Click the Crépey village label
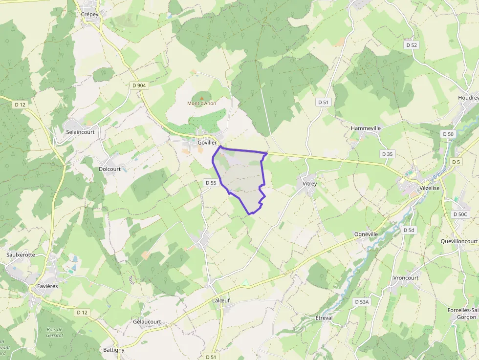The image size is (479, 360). (x=89, y=15)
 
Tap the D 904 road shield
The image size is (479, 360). (x=139, y=85)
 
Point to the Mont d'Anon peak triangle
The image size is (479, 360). (x=202, y=98)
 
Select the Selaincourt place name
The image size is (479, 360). (x=80, y=132)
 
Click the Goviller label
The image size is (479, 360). (x=207, y=142)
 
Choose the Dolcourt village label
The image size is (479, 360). (x=109, y=169)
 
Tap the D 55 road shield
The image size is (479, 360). (x=211, y=183)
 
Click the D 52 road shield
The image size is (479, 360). (x=412, y=45)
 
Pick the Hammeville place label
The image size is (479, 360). (x=366, y=128)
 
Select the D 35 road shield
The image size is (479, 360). (x=387, y=154)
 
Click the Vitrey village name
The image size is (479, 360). (x=310, y=184)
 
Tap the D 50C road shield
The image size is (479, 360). (x=460, y=214)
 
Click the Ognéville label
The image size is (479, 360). (x=366, y=234)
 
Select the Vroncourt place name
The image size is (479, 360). (x=406, y=278)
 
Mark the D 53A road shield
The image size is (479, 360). (x=362, y=302)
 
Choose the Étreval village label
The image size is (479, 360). (x=324, y=318)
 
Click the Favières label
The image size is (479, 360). (x=47, y=286)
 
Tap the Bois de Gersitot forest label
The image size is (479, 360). (x=55, y=332)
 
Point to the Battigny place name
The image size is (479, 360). (x=114, y=350)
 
